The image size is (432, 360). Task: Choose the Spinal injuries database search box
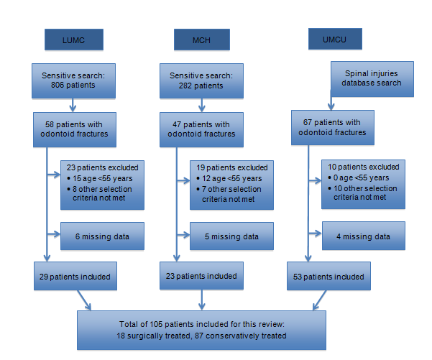(x=372, y=78)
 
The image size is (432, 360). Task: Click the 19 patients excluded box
(x=231, y=184)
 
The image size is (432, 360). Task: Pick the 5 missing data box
(x=232, y=235)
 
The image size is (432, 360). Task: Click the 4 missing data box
(x=364, y=235)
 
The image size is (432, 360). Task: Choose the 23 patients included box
(x=198, y=275)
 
